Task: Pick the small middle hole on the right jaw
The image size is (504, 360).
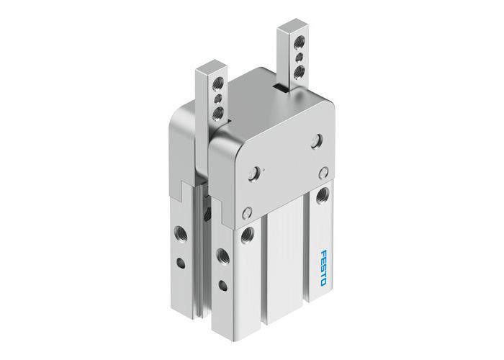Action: click(x=295, y=59)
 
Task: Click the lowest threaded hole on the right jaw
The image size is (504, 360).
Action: click(x=295, y=71)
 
